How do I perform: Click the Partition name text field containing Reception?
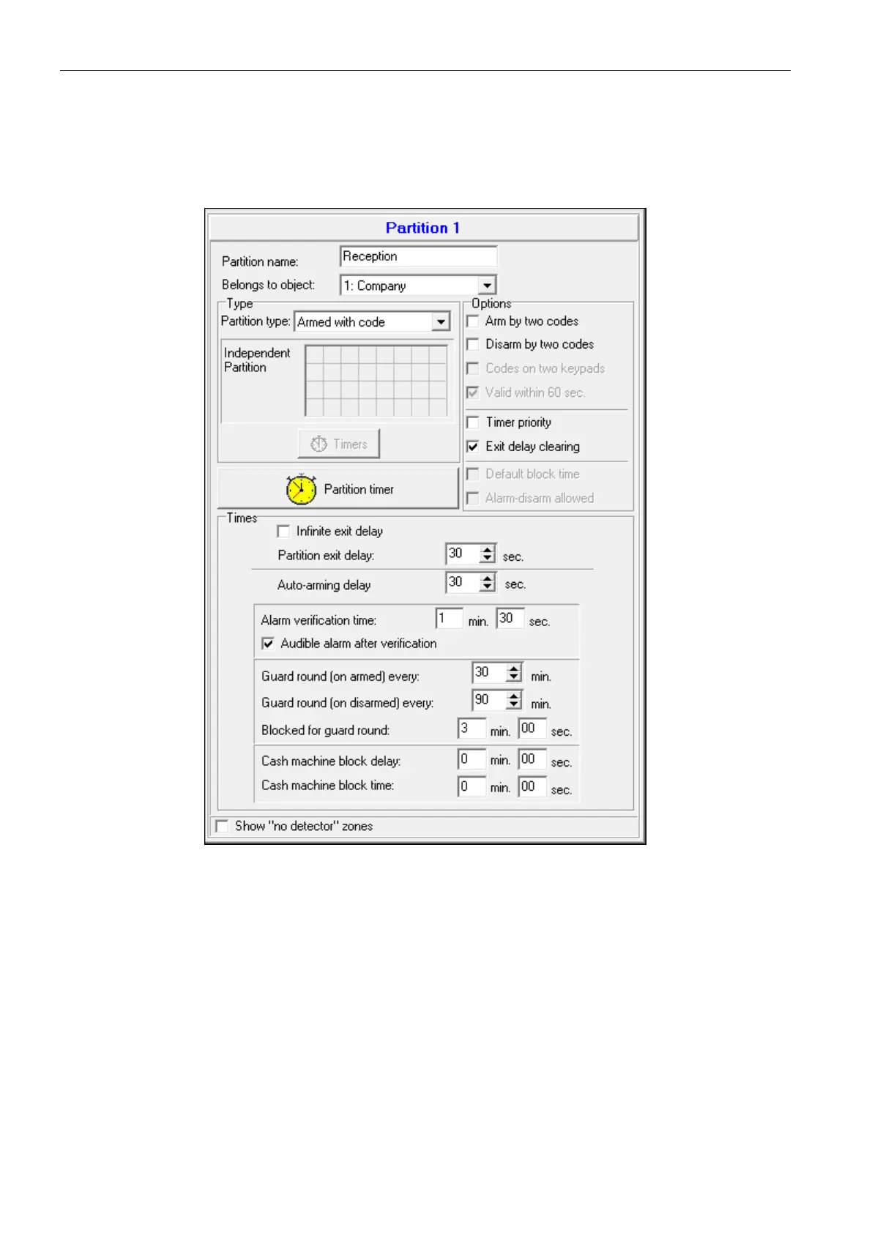pos(418,256)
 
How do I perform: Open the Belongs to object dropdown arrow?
pos(488,285)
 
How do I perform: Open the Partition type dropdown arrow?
pos(441,321)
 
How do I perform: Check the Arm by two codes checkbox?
pos(473,321)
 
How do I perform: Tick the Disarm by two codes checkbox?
pos(473,345)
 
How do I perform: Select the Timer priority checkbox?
pos(473,422)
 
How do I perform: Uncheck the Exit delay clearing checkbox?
pos(473,447)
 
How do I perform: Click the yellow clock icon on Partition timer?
pos(301,489)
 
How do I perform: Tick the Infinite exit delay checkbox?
pos(283,532)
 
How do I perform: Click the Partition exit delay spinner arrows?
pos(488,554)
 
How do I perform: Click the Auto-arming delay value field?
pos(461,583)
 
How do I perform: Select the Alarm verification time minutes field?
pos(448,619)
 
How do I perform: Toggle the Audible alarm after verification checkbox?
pos(268,644)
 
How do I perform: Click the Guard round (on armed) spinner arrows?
pos(514,672)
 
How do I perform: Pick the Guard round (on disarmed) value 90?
pos(488,700)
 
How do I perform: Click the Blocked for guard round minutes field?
pos(471,729)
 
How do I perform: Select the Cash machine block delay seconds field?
pos(532,759)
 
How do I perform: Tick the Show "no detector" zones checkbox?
pos(223,827)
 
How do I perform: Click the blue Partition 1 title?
pos(422,228)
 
